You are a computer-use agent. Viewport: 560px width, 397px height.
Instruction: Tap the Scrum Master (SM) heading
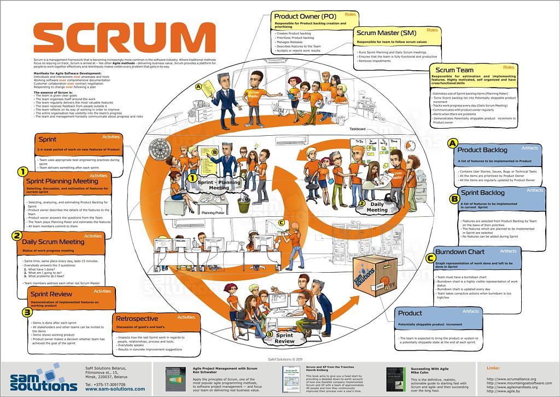pos(385,33)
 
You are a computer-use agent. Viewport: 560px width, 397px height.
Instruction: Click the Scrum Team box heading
pos(454,70)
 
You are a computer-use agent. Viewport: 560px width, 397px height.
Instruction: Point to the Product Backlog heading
pos(482,149)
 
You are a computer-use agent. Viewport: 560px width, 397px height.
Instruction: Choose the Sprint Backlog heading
pos(482,193)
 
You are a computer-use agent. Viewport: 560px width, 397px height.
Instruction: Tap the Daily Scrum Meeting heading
pos(53,241)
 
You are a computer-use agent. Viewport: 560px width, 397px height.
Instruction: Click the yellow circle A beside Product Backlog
pos(452,143)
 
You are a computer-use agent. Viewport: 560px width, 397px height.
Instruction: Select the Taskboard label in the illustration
pos(358,129)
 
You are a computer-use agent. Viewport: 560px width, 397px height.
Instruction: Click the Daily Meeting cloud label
pos(377,206)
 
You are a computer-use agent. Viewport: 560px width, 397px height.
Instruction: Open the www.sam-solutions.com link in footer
pos(115,389)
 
